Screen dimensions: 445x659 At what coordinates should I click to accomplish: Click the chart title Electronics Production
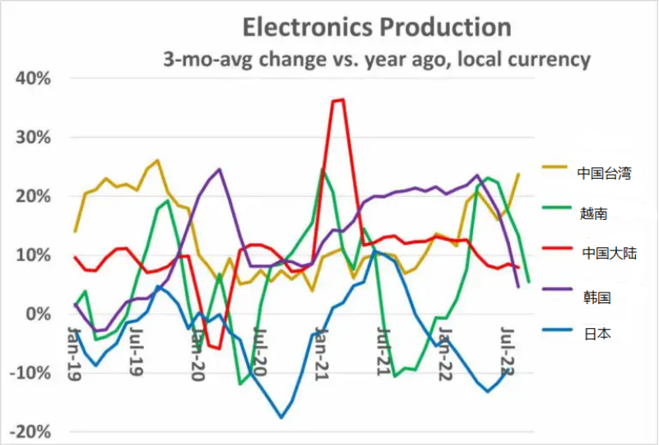click(x=376, y=26)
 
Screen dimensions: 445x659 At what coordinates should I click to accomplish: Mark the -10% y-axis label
click(x=30, y=372)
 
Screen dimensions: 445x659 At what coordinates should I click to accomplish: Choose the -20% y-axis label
click(x=30, y=431)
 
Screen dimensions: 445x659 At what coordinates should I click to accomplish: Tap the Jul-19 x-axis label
click(x=137, y=353)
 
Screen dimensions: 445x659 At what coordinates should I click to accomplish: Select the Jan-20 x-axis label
click(x=197, y=353)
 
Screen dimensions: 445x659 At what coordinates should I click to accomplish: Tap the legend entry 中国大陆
click(x=608, y=254)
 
